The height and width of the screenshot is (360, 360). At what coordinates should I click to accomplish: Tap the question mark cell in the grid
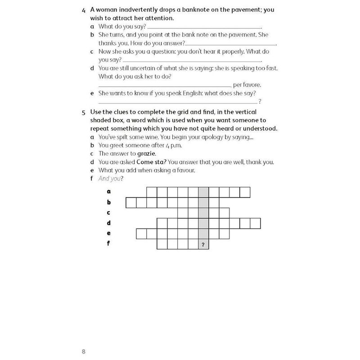[x=203, y=245]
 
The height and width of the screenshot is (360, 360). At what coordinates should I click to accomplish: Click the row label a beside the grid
[x=108, y=192]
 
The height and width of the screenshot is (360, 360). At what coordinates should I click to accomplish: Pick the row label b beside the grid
[x=108, y=202]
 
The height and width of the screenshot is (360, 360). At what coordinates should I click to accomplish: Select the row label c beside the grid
[x=108, y=212]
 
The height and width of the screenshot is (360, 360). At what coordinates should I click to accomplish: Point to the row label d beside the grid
[x=108, y=223]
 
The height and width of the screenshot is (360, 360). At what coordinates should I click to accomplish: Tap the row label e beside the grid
[x=108, y=234]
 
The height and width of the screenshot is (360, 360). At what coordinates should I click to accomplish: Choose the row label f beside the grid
[x=108, y=244]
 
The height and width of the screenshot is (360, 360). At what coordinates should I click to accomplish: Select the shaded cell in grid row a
[x=203, y=192]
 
